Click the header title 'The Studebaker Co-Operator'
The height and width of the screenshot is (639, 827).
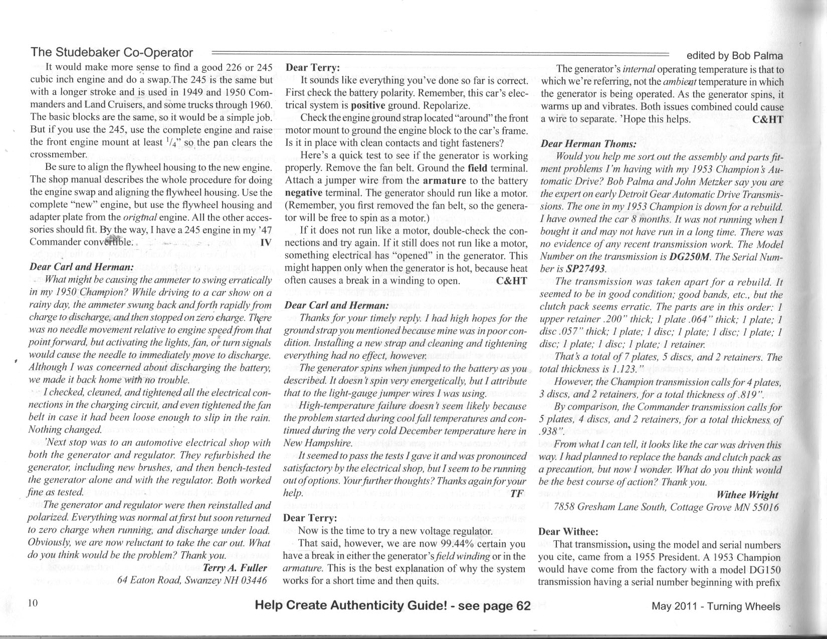(x=112, y=53)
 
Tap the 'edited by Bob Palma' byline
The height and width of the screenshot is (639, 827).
(x=734, y=56)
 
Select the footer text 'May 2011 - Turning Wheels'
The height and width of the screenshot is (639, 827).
(x=716, y=606)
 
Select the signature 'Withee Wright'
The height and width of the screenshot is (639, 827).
(x=748, y=495)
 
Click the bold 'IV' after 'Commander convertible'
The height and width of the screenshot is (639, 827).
(x=267, y=241)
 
